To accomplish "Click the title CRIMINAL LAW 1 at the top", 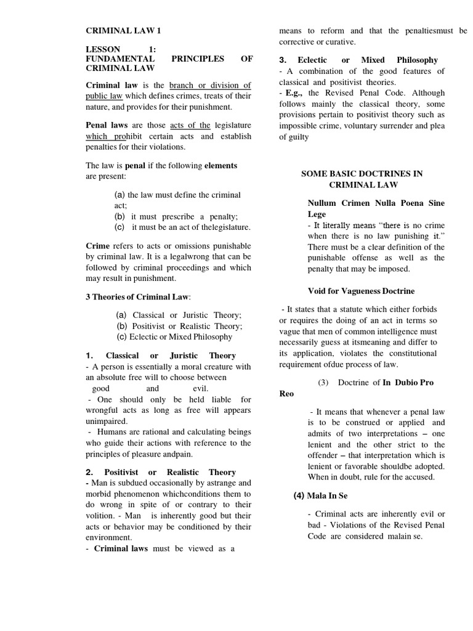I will pos(123,30).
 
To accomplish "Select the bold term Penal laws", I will pos(105,125).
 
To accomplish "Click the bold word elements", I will pos(220,166).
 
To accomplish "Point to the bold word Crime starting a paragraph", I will pos(97,245).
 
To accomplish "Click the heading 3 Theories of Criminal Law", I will pos(138,296).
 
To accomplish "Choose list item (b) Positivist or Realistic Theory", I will pos(179,326).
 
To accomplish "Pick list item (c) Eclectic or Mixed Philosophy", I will pos(174,336).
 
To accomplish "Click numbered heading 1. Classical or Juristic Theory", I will pos(161,356).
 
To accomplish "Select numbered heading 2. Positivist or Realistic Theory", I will pos(161,472).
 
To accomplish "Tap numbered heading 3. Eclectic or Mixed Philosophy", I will pos(358,60).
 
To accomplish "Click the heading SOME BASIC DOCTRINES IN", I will pos(362,174).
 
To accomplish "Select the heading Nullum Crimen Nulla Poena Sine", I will pos(376,203).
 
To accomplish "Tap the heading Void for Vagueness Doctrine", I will pos(361,291).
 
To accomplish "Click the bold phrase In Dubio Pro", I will pos(408,383).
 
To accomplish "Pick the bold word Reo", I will pos(286,394).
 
